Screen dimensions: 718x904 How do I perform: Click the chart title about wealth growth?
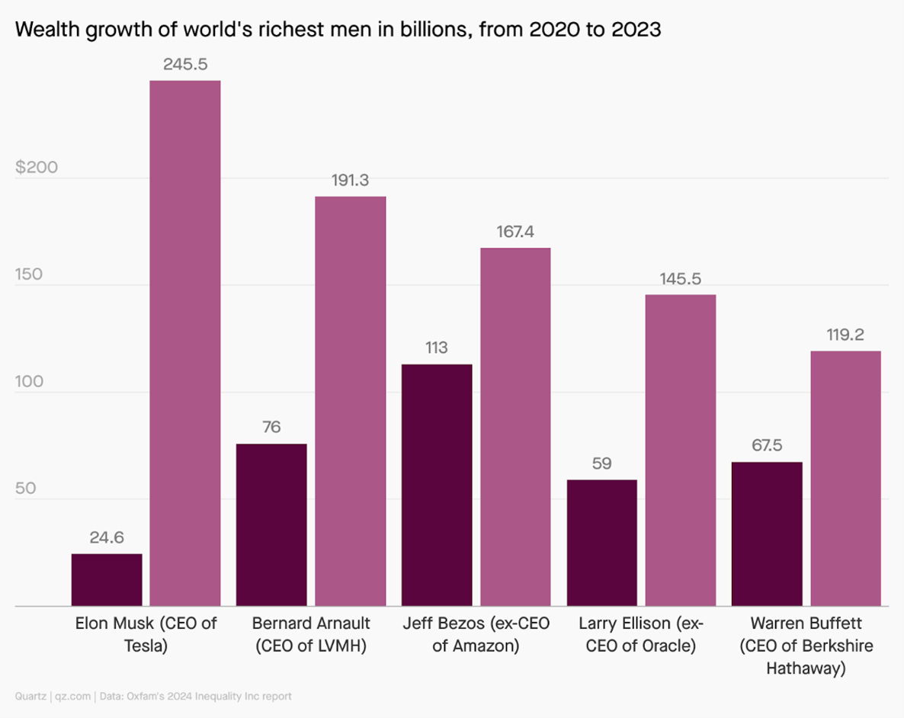point(338,30)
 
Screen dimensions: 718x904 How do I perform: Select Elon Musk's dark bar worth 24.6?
point(107,580)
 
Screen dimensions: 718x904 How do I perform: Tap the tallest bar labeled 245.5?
point(185,343)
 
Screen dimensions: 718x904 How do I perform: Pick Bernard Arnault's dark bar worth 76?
point(271,525)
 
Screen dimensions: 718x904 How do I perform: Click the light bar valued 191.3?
point(351,401)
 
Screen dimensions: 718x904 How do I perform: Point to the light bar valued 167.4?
point(515,427)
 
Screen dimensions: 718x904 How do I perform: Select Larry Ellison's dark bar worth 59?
point(602,543)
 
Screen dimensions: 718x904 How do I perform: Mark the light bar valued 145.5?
point(681,450)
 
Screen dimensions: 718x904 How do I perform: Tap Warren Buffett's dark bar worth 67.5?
point(767,534)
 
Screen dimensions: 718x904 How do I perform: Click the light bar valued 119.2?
point(845,479)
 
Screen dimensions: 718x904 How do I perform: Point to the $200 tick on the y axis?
point(37,168)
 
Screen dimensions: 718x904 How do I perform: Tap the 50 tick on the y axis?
point(26,489)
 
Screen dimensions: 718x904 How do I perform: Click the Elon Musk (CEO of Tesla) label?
point(146,634)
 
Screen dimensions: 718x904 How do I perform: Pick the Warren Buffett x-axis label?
point(806,646)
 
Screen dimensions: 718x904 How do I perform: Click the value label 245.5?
point(185,65)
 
